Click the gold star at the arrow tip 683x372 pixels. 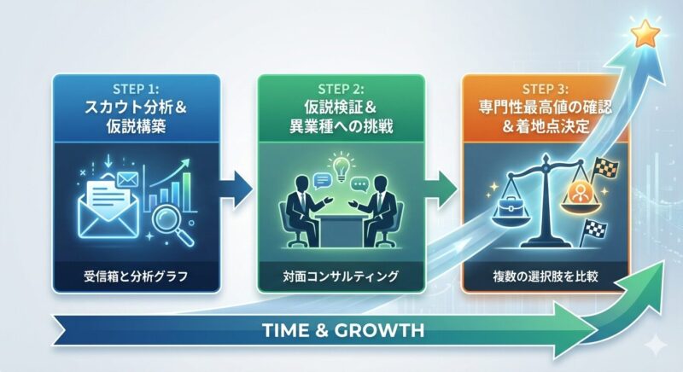646,33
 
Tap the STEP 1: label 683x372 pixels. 136,90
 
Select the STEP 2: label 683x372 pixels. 341,90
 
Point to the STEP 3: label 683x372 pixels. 545,90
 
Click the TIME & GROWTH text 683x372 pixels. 344,331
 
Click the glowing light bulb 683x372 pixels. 341,167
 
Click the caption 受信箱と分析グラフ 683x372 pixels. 136,276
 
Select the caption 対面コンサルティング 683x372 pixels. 341,276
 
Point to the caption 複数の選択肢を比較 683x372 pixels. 545,276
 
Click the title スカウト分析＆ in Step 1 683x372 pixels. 136,107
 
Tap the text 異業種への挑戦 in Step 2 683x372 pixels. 341,126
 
